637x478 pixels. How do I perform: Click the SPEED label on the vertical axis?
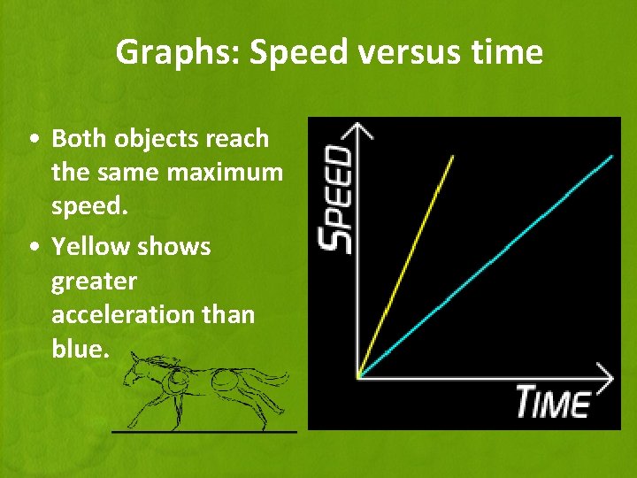(336, 199)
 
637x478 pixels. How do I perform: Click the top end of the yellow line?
(453, 157)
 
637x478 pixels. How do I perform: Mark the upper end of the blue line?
(611, 156)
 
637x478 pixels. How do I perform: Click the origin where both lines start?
(357, 377)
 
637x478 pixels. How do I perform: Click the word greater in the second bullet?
(94, 281)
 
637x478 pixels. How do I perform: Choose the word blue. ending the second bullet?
(81, 349)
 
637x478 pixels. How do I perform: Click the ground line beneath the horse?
(203, 431)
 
